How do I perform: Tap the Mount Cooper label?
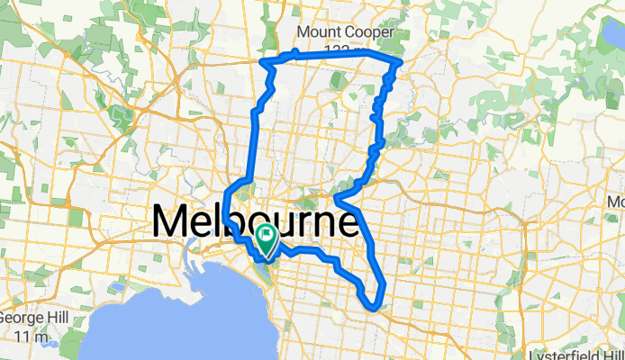[x=345, y=33]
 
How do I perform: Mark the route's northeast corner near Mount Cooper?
[x=399, y=61]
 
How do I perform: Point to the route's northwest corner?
[x=262, y=61]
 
